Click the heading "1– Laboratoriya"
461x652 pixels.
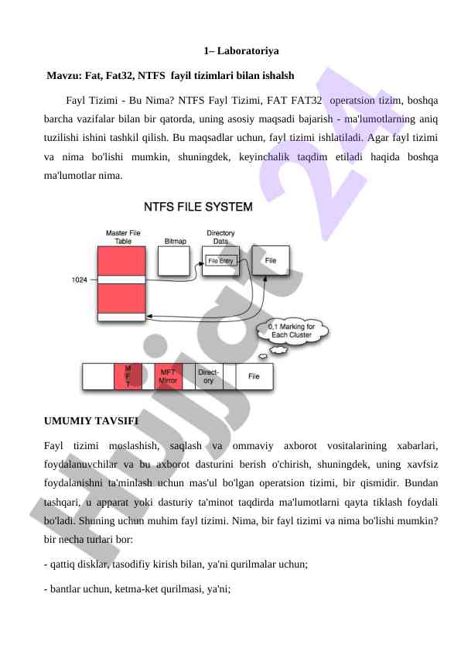coord(241,51)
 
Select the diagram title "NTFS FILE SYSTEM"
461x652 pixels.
coord(198,207)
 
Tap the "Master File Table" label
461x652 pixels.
coord(123,237)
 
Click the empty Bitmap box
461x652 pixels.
coord(174,261)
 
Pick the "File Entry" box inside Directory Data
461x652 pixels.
coord(221,261)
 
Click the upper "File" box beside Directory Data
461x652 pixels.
coord(271,260)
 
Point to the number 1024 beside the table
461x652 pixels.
coord(80,280)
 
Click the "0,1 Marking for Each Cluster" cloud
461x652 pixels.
coord(292,331)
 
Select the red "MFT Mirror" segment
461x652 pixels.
coord(168,376)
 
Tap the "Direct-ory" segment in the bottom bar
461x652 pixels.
coord(209,376)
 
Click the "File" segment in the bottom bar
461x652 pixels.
coord(254,376)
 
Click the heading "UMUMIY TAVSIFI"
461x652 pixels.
coord(91,420)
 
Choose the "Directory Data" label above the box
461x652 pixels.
coord(220,237)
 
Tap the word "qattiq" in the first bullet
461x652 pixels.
coord(63,564)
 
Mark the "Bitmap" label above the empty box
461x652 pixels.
coord(176,241)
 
